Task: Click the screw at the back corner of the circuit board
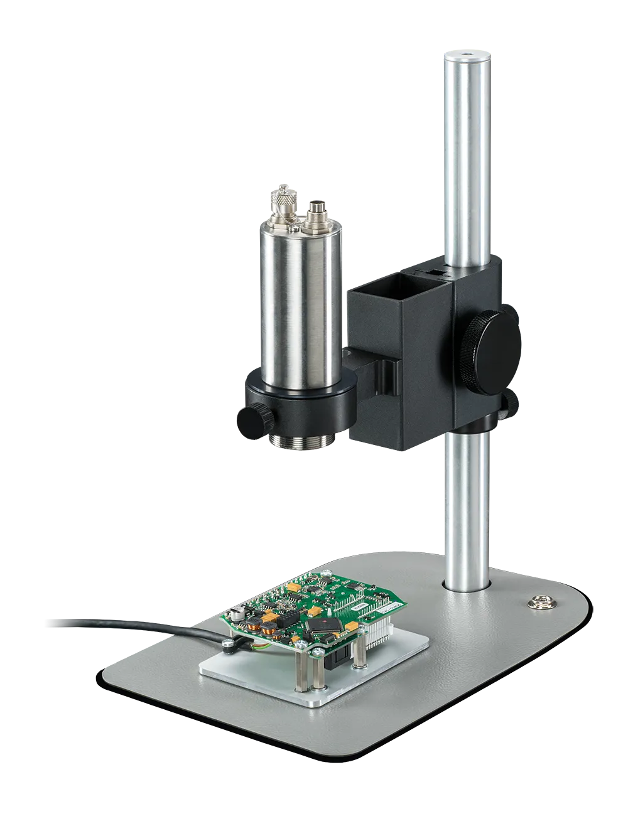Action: click(327, 573)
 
